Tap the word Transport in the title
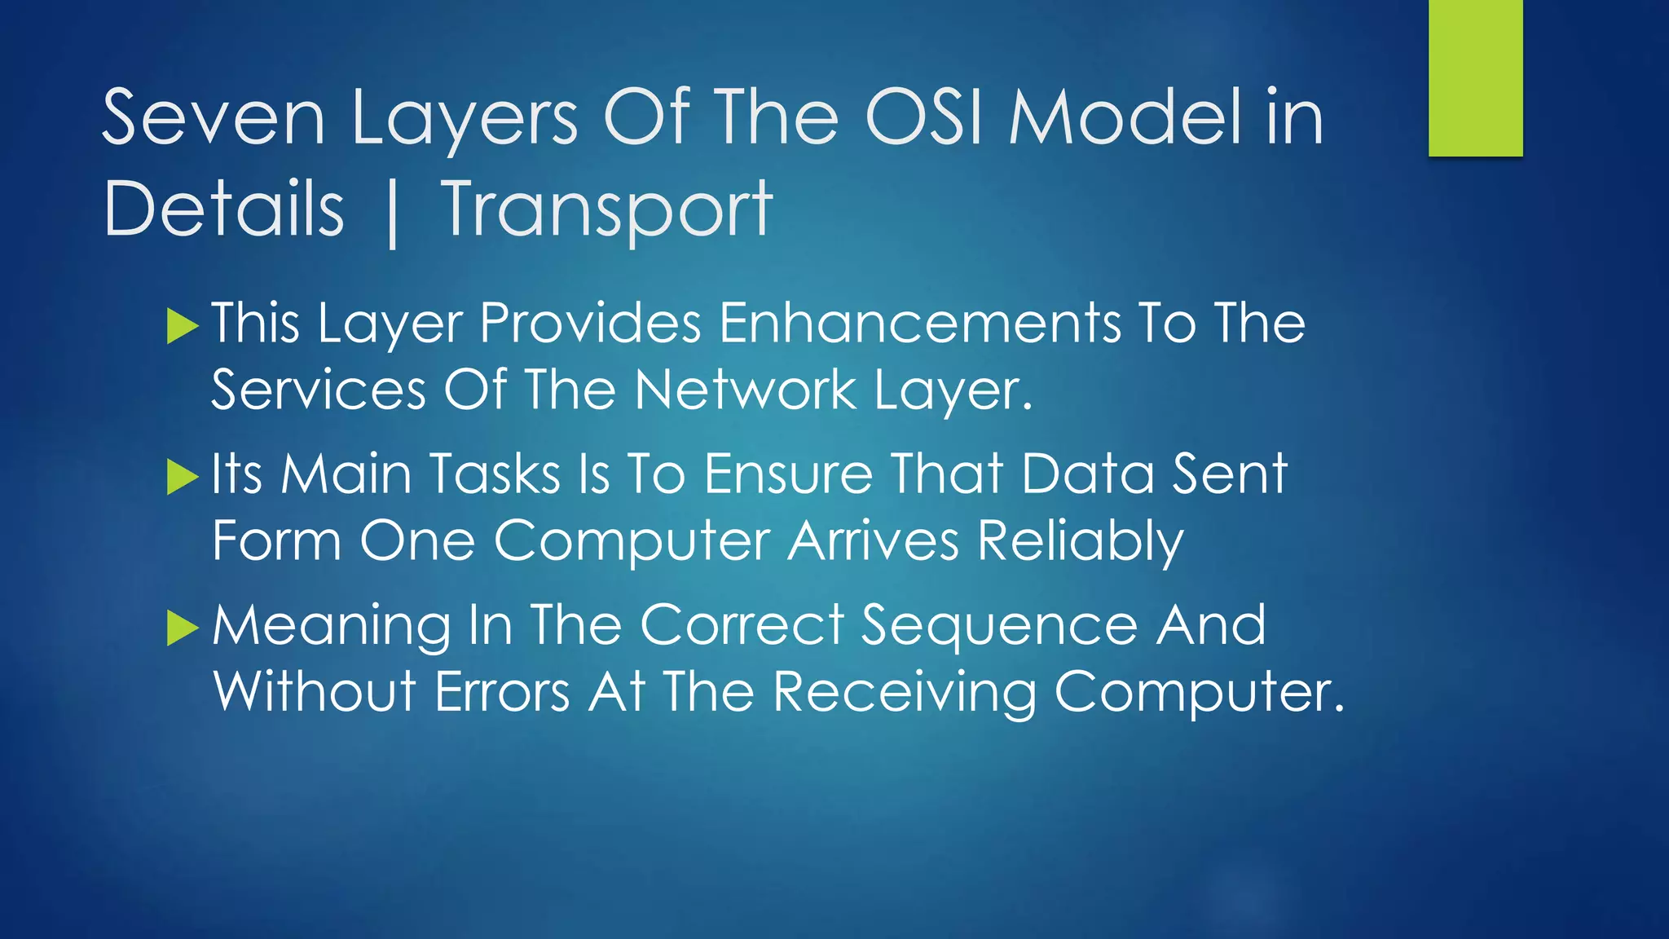(606, 210)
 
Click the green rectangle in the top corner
(1475, 77)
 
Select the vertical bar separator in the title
(393, 214)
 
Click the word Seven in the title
(214, 119)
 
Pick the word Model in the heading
(1127, 119)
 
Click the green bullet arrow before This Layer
(183, 327)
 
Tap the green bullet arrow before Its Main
(183, 478)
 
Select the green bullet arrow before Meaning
(183, 628)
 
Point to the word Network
(745, 390)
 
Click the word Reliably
(1080, 541)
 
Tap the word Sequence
(999, 626)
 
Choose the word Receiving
(904, 693)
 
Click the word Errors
(502, 693)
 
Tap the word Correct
(742, 626)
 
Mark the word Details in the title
(224, 210)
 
